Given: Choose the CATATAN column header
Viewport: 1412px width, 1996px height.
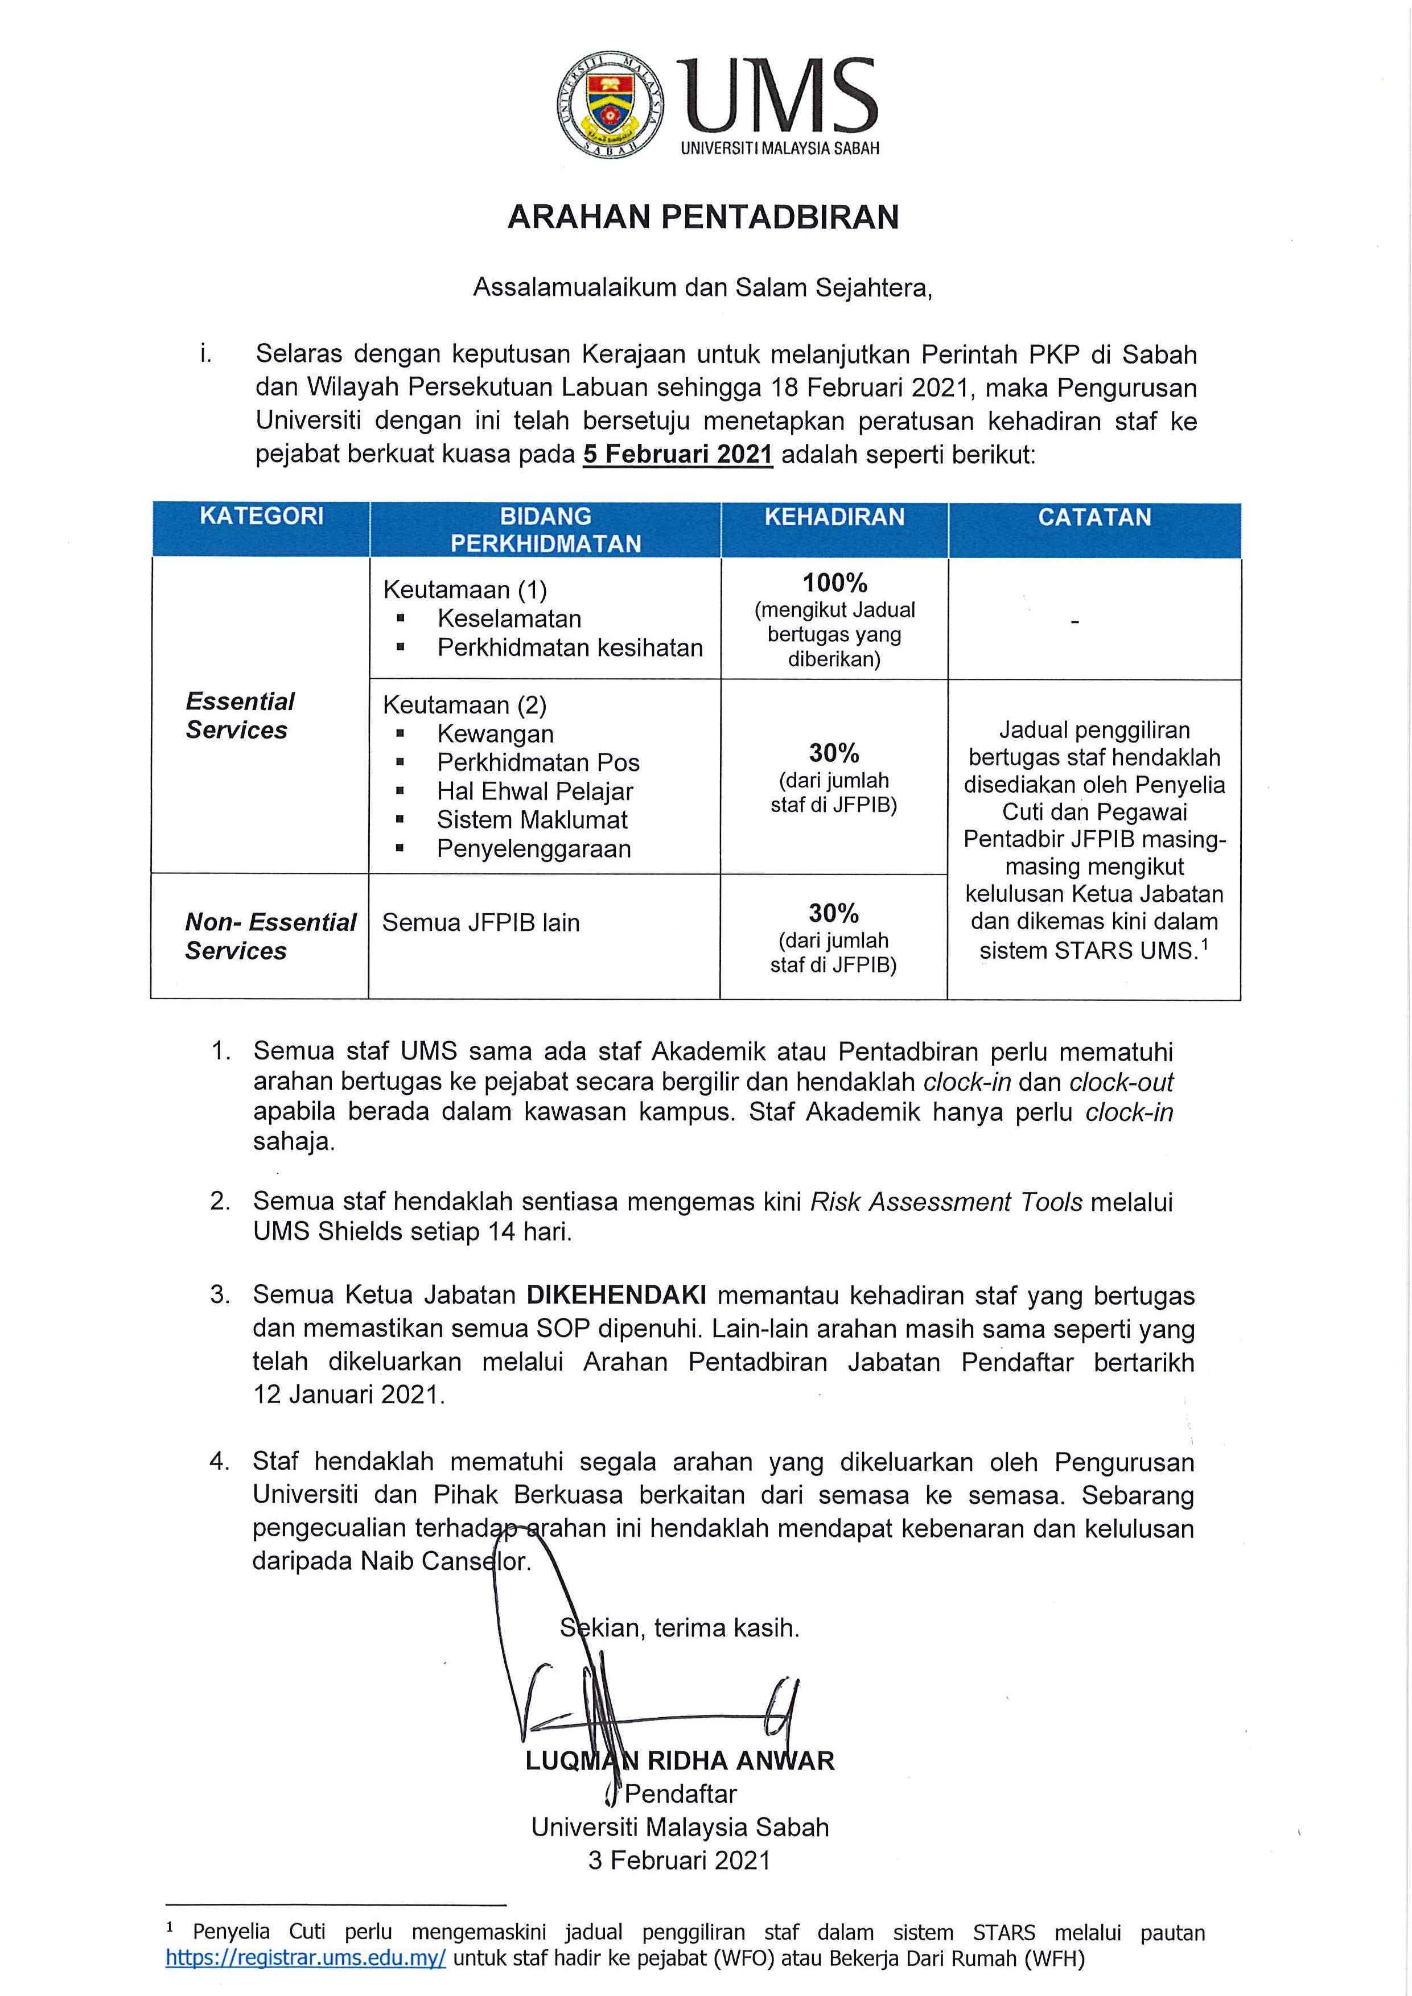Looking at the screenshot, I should (x=1094, y=517).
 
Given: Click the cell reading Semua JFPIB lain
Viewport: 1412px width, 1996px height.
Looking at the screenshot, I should (x=481, y=922).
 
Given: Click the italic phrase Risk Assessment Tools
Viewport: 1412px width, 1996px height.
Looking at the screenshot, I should (x=946, y=1202).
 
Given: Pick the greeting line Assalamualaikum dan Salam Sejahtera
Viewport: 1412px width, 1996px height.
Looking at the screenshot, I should (x=702, y=288).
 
